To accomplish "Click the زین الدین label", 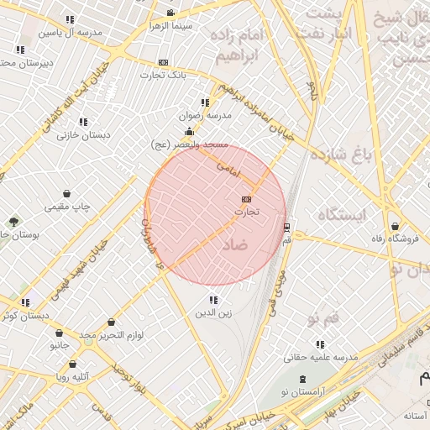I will click(213, 313).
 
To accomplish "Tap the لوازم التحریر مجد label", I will click(112, 335).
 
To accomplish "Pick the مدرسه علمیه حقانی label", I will click(321, 357).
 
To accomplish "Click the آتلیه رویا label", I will click(74, 378).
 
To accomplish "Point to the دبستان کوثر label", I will click(24, 316).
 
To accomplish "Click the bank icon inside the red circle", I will click(245, 199).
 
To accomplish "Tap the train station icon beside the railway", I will click(287, 228).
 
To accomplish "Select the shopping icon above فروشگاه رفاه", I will click(396, 225).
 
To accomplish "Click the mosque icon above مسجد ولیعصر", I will click(189, 131).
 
